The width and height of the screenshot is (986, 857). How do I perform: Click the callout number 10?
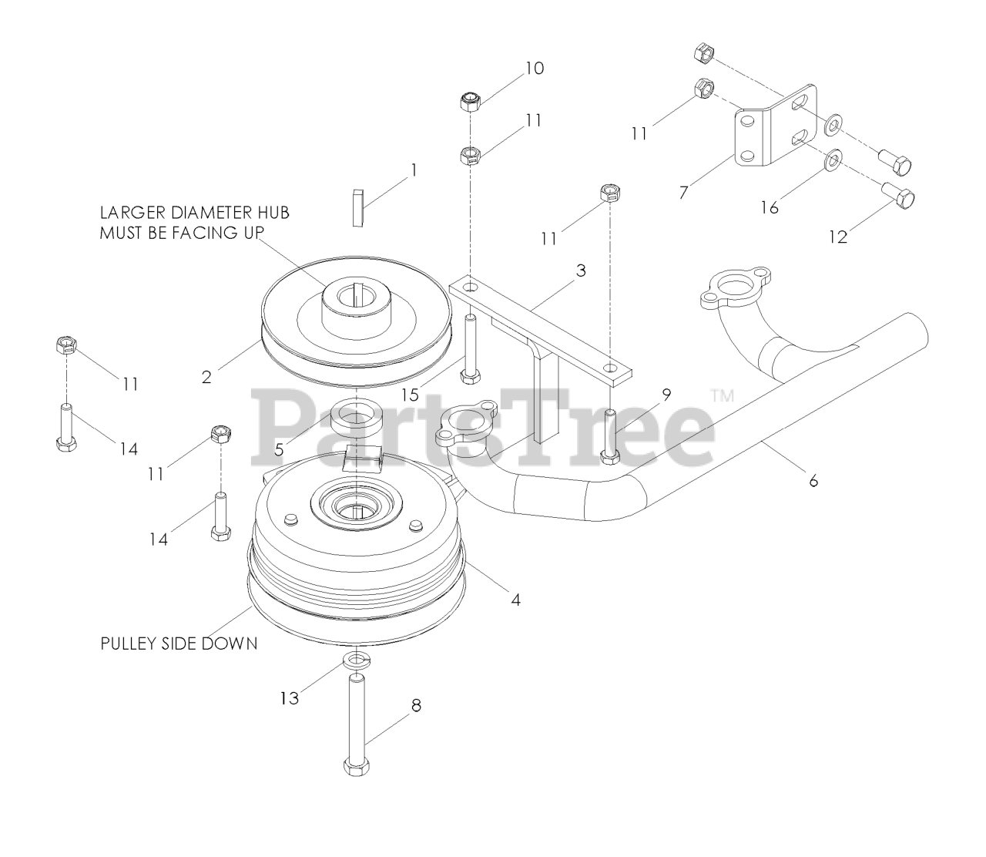tap(534, 69)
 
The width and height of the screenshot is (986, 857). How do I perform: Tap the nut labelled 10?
tap(469, 102)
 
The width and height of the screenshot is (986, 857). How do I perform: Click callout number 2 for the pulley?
tap(206, 377)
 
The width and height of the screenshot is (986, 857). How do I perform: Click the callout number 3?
tap(581, 271)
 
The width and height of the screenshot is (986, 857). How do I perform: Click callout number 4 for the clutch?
tap(515, 599)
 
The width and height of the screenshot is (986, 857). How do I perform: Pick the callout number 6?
tap(813, 482)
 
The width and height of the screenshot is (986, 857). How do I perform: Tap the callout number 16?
tap(770, 207)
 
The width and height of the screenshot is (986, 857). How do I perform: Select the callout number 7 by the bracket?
tap(683, 192)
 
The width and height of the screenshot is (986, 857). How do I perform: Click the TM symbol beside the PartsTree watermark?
tap(722, 396)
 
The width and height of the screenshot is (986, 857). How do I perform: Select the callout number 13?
tap(289, 698)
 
